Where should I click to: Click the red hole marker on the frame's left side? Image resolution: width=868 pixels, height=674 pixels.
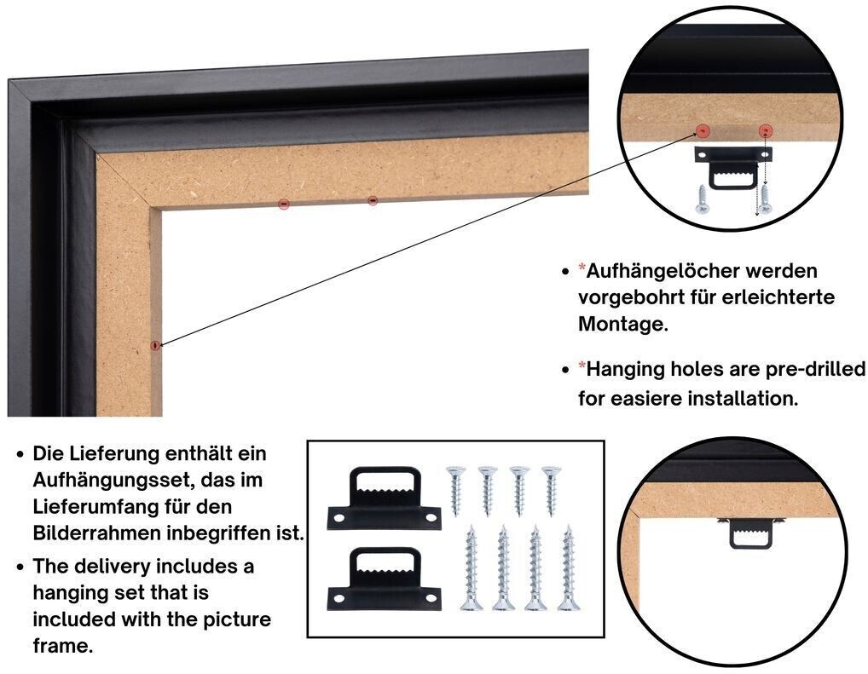[155, 345]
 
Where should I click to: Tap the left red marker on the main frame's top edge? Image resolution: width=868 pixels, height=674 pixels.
[283, 205]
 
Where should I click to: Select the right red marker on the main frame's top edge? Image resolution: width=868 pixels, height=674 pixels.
[373, 199]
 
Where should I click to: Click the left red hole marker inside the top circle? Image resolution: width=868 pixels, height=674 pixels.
[703, 130]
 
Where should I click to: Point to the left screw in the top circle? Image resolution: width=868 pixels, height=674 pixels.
[702, 199]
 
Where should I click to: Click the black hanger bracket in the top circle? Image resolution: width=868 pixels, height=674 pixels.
[733, 167]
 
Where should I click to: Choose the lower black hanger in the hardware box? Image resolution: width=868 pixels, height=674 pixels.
[385, 579]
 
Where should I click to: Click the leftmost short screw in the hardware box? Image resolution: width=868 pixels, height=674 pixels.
[455, 491]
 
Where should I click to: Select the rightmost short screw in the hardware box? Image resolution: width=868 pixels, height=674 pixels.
[552, 491]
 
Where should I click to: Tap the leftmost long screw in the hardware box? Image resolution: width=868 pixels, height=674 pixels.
[471, 568]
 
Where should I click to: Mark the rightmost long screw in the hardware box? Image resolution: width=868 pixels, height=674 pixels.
[568, 568]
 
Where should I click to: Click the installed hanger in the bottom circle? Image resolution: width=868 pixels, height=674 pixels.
[750, 533]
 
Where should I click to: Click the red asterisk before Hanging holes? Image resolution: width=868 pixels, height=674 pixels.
[582, 366]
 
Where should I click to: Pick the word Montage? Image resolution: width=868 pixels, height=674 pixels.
[623, 324]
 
